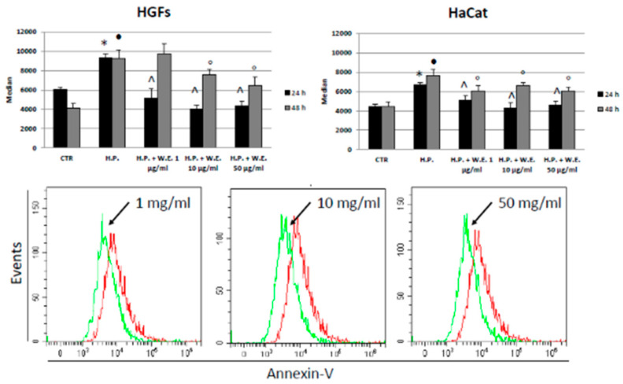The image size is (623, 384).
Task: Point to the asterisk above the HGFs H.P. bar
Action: [x=103, y=43]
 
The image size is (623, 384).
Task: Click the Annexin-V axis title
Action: [x=314, y=375]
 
